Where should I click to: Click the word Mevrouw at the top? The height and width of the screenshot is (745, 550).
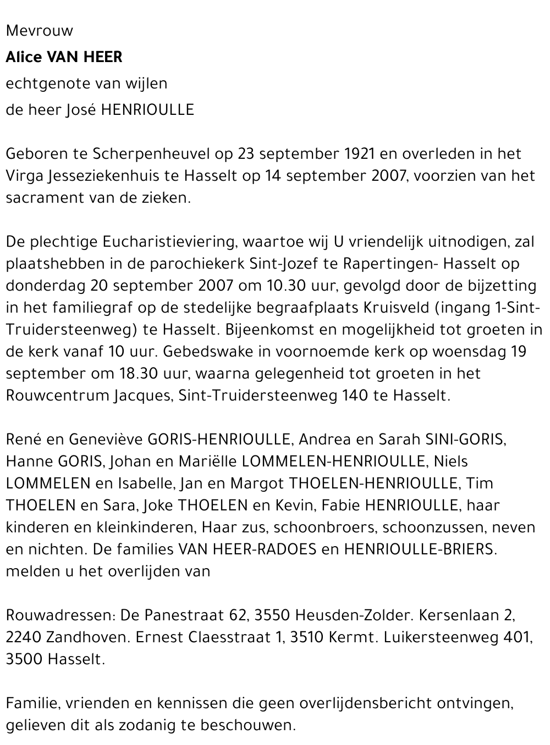pos(39,31)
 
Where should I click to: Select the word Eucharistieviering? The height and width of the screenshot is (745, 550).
pos(168,242)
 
